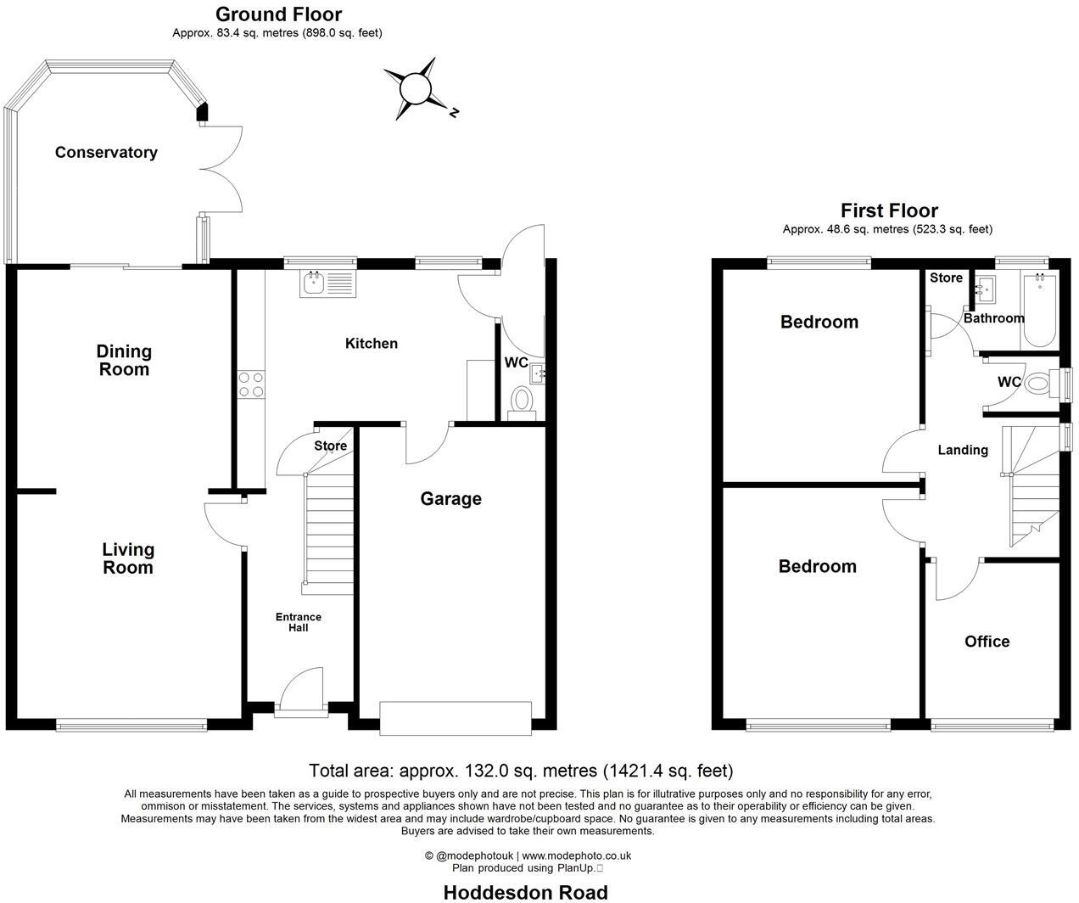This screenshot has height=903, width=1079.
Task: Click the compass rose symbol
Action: point(417,87)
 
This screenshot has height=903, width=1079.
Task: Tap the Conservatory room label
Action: point(106,153)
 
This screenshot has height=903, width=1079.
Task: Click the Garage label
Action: point(450,499)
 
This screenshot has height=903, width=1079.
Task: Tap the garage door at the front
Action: point(456,717)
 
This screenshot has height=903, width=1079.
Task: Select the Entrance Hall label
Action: point(298,622)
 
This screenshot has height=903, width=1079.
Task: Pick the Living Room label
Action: point(128,559)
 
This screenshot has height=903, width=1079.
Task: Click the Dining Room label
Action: point(124,360)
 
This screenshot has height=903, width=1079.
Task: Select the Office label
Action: point(987,642)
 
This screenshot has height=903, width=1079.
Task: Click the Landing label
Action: point(962,450)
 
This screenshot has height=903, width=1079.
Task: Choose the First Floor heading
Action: point(888,210)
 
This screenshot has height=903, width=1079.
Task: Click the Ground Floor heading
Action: point(278,14)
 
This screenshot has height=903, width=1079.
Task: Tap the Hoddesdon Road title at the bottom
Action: point(526,892)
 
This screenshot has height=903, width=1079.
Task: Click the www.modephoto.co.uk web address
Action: point(576,856)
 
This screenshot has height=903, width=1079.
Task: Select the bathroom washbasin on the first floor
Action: point(986,291)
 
